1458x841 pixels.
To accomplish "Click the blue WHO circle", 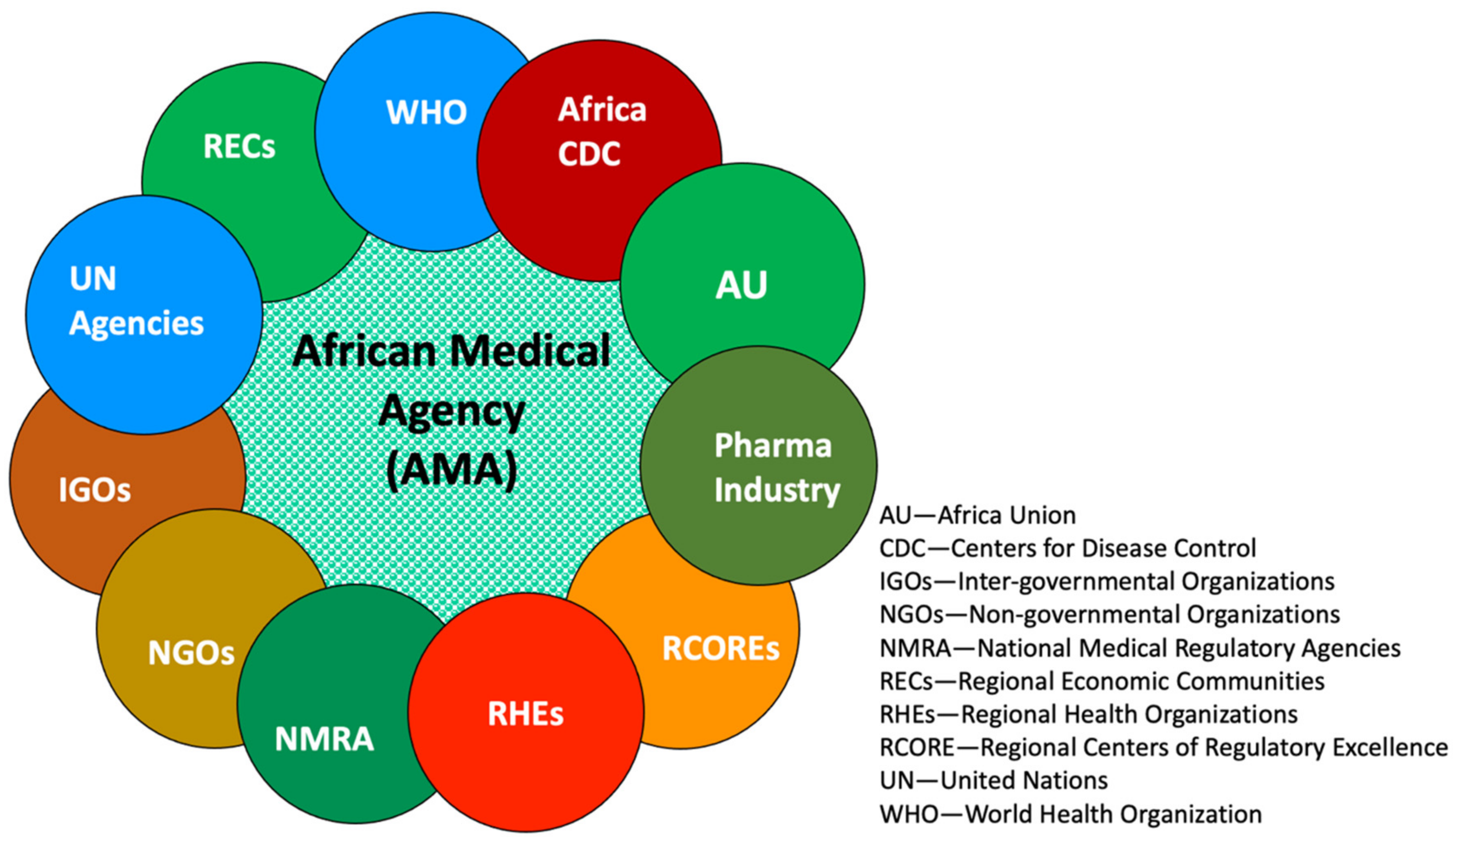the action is [426, 133].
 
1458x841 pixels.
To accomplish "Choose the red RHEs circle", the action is [525, 713].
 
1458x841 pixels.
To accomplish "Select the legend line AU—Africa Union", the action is [977, 515].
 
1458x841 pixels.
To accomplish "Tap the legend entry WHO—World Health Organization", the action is [1070, 814].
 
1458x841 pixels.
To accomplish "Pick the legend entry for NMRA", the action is [1139, 648].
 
